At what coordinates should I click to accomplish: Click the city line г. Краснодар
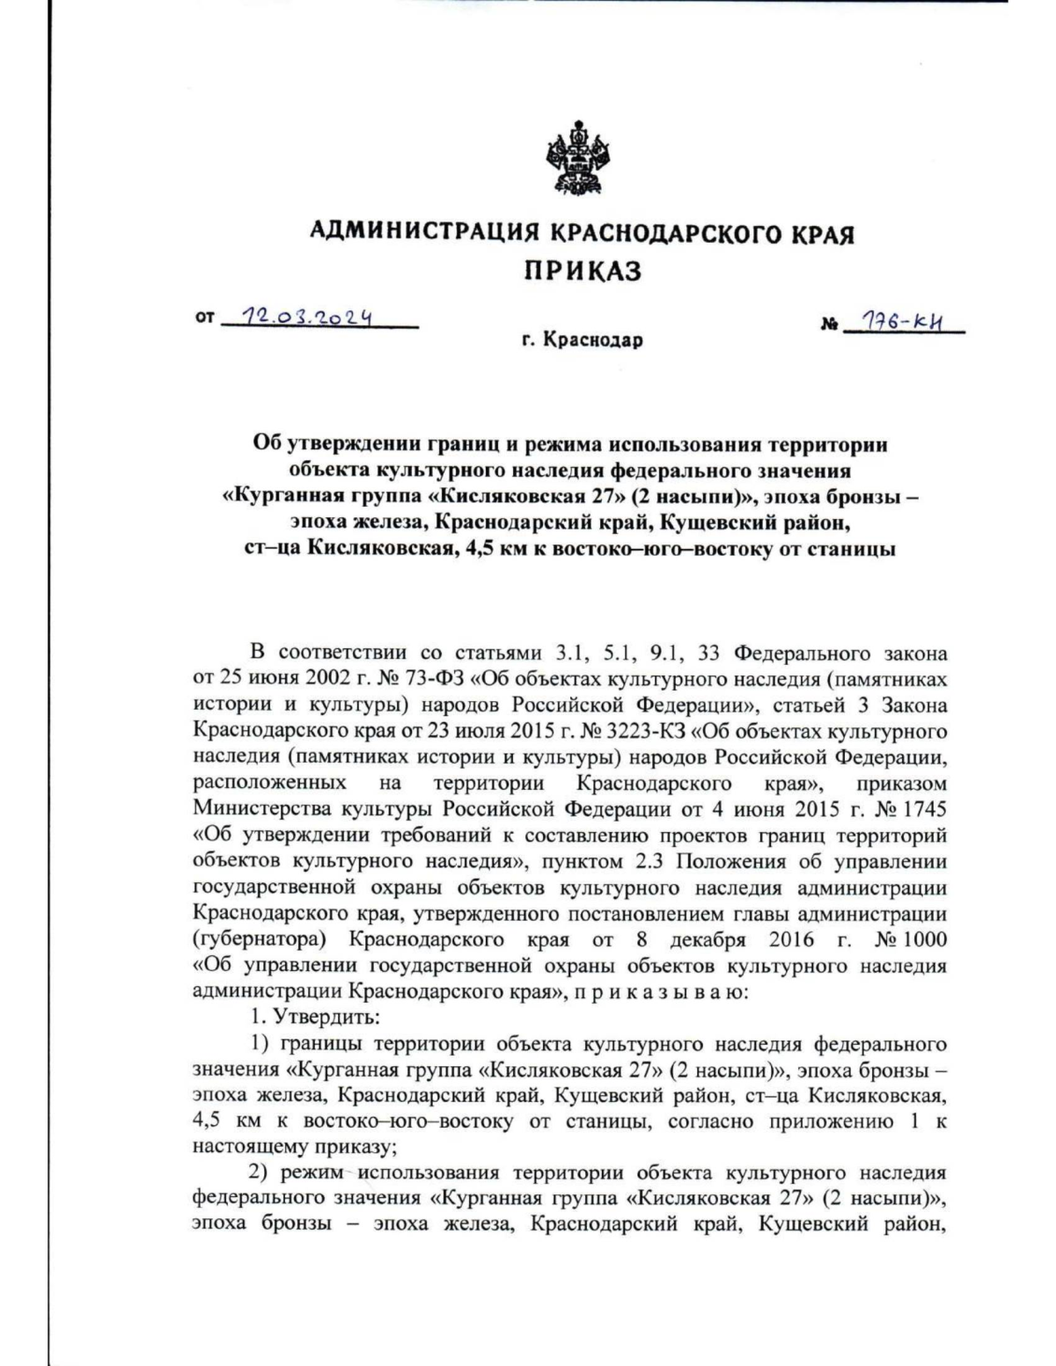pyautogui.click(x=582, y=340)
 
